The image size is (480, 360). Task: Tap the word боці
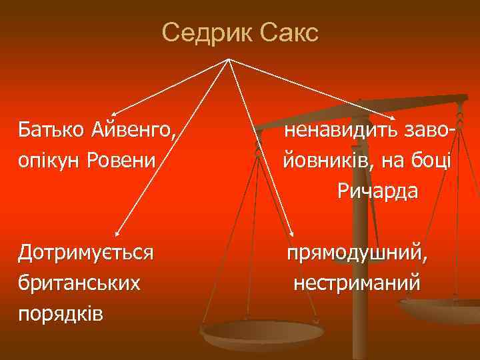433,161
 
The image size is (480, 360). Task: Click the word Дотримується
86,253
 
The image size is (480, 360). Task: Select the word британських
79,283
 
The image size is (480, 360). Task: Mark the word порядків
61,313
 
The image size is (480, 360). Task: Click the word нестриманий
357,283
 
